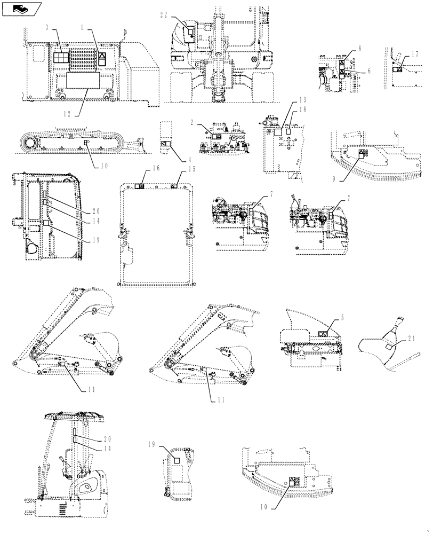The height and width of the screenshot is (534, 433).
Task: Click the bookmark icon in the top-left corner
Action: coord(21,9)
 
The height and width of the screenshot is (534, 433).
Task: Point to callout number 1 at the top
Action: coord(83,26)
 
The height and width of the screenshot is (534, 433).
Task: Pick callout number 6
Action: coord(368,70)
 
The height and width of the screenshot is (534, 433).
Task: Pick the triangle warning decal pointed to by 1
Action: coord(102,59)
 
